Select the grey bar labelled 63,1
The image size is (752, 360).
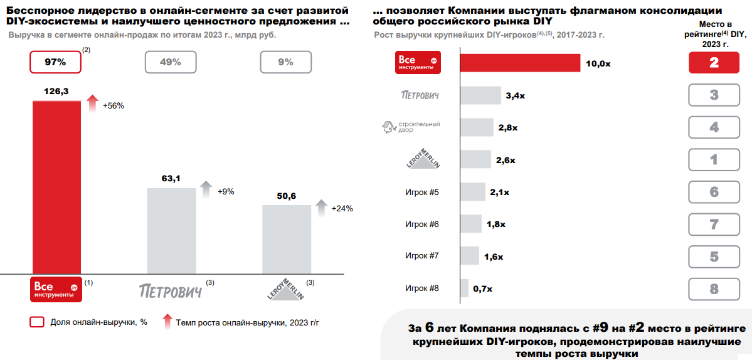(171, 230)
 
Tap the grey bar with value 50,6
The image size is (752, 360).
(286, 239)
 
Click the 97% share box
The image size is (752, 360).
(56, 62)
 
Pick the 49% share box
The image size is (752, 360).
(171, 62)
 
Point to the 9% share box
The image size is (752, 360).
(285, 62)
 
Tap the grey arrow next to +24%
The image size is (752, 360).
(321, 208)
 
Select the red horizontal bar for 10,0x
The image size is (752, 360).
(520, 63)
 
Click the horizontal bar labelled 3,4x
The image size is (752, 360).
(480, 95)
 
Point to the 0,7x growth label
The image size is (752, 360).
(483, 289)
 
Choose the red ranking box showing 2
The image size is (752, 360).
(714, 63)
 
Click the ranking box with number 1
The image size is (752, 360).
(714, 159)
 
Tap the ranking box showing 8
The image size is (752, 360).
(714, 289)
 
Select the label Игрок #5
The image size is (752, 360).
(422, 192)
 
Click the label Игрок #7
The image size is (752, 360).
(422, 256)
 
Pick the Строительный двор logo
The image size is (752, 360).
(411, 127)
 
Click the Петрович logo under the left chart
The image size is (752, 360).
(171, 290)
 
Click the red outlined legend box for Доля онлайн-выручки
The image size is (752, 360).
(37, 322)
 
